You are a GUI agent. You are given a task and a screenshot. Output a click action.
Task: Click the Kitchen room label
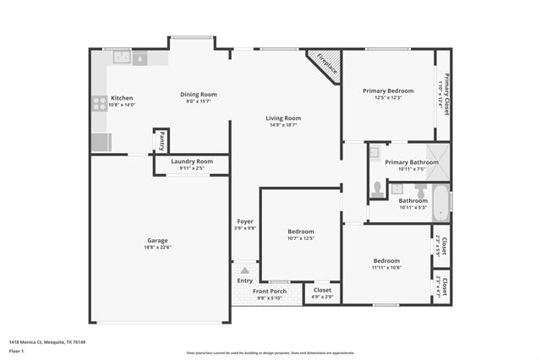click(123, 98)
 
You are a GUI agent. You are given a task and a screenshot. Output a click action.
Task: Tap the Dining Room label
click(199, 94)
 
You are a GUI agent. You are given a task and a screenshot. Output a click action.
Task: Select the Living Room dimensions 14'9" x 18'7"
click(283, 126)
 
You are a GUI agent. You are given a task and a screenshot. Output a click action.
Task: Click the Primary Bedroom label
click(388, 90)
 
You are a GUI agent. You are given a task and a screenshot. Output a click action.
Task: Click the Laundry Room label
click(191, 161)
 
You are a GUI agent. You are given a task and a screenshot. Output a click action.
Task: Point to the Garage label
click(157, 240)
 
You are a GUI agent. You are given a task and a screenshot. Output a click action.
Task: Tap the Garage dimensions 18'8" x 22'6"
click(157, 248)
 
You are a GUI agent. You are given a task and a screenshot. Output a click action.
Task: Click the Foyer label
click(245, 221)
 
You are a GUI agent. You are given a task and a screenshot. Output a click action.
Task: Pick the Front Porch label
click(270, 291)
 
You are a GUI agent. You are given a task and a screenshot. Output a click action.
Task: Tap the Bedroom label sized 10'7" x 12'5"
click(300, 232)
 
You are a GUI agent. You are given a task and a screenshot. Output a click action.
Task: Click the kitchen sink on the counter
click(121, 57)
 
